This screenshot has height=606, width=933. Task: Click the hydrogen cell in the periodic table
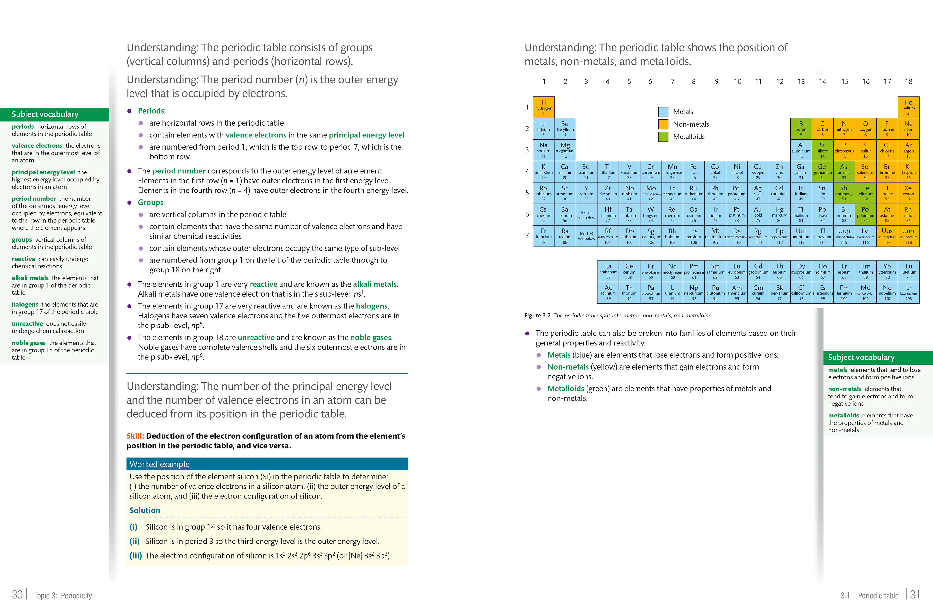[543, 107]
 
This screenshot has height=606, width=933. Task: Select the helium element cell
[908, 107]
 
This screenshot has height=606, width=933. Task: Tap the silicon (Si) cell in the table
[822, 150]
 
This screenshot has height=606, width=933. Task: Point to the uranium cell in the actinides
[672, 292]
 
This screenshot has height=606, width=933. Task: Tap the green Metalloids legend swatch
[663, 136]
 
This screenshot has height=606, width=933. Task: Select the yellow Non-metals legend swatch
[663, 124]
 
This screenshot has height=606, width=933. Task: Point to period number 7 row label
[527, 235]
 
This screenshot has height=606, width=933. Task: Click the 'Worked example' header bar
[267, 464]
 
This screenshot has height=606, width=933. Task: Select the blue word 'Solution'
[145, 510]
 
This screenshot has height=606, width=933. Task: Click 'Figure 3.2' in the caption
[537, 315]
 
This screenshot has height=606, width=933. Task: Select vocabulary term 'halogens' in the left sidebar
[25, 304]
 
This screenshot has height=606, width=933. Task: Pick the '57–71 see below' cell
[587, 215]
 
